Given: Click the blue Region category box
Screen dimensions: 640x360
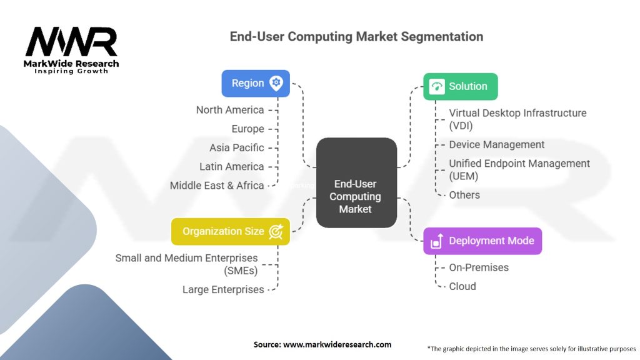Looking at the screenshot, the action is [x=256, y=83].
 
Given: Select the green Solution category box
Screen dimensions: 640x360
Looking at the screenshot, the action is [x=461, y=86].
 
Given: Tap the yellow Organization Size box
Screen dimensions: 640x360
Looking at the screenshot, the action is [x=230, y=231].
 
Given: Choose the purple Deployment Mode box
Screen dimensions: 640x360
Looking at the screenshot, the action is [x=482, y=241].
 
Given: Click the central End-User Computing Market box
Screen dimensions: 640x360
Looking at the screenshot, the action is [x=356, y=182].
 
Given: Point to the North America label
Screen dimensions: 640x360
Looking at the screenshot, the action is [x=230, y=110].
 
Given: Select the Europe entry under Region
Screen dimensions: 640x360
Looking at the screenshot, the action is [x=247, y=129].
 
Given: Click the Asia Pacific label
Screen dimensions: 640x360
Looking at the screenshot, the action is [x=237, y=147].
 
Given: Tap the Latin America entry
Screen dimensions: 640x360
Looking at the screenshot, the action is [x=231, y=166].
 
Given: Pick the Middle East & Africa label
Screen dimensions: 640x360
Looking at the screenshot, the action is [x=217, y=185].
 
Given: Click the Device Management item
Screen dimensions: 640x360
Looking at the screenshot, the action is [x=497, y=144].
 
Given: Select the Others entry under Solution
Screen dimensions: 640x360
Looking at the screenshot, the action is [x=464, y=195].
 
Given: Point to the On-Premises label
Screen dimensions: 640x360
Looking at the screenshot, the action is [x=479, y=267].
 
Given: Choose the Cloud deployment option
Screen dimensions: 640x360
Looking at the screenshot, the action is [x=462, y=286].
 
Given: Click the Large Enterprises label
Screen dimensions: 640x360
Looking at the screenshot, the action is [x=223, y=289].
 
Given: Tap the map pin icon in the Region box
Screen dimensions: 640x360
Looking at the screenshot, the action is [x=276, y=83].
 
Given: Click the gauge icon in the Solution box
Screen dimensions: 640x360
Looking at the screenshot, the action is [x=437, y=86].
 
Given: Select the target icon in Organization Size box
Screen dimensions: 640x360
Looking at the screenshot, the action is [x=276, y=231].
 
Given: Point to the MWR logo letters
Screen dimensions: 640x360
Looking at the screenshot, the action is [x=71, y=42].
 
